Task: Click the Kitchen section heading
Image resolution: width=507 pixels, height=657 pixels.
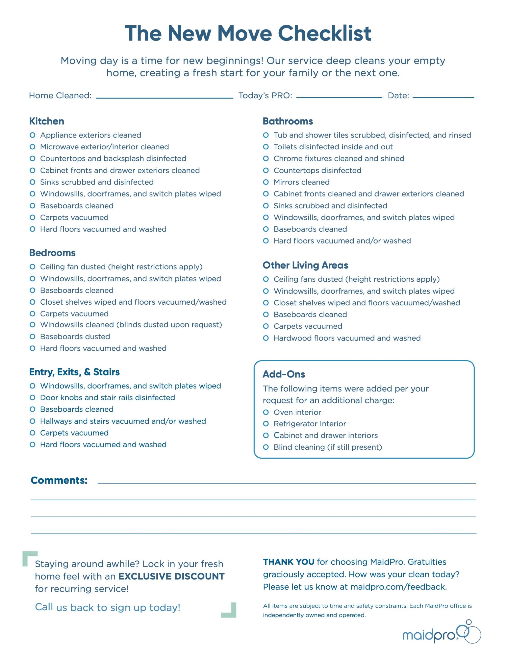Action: pos(47,121)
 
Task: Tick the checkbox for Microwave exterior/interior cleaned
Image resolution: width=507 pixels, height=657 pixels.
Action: pos(33,147)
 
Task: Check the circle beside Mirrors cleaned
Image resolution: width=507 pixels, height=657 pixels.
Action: pos(266,182)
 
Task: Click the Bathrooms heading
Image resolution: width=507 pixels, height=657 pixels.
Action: pos(287,121)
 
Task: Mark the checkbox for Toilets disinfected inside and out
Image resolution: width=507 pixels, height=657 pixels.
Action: pos(266,147)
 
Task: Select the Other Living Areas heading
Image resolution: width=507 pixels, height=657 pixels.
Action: pos(305,265)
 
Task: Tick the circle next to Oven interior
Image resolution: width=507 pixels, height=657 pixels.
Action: pos(266,412)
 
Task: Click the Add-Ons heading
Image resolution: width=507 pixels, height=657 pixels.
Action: pos(284,374)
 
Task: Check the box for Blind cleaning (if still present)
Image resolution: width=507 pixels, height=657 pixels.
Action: pos(266,447)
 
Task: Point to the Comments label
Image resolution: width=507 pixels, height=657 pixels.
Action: pos(59,480)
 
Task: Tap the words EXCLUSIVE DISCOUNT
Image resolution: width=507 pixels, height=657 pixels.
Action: pos(171,576)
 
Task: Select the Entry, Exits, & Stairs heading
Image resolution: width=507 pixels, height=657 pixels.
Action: pos(74,372)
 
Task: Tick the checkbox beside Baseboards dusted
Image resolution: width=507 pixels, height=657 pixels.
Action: pos(33,337)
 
